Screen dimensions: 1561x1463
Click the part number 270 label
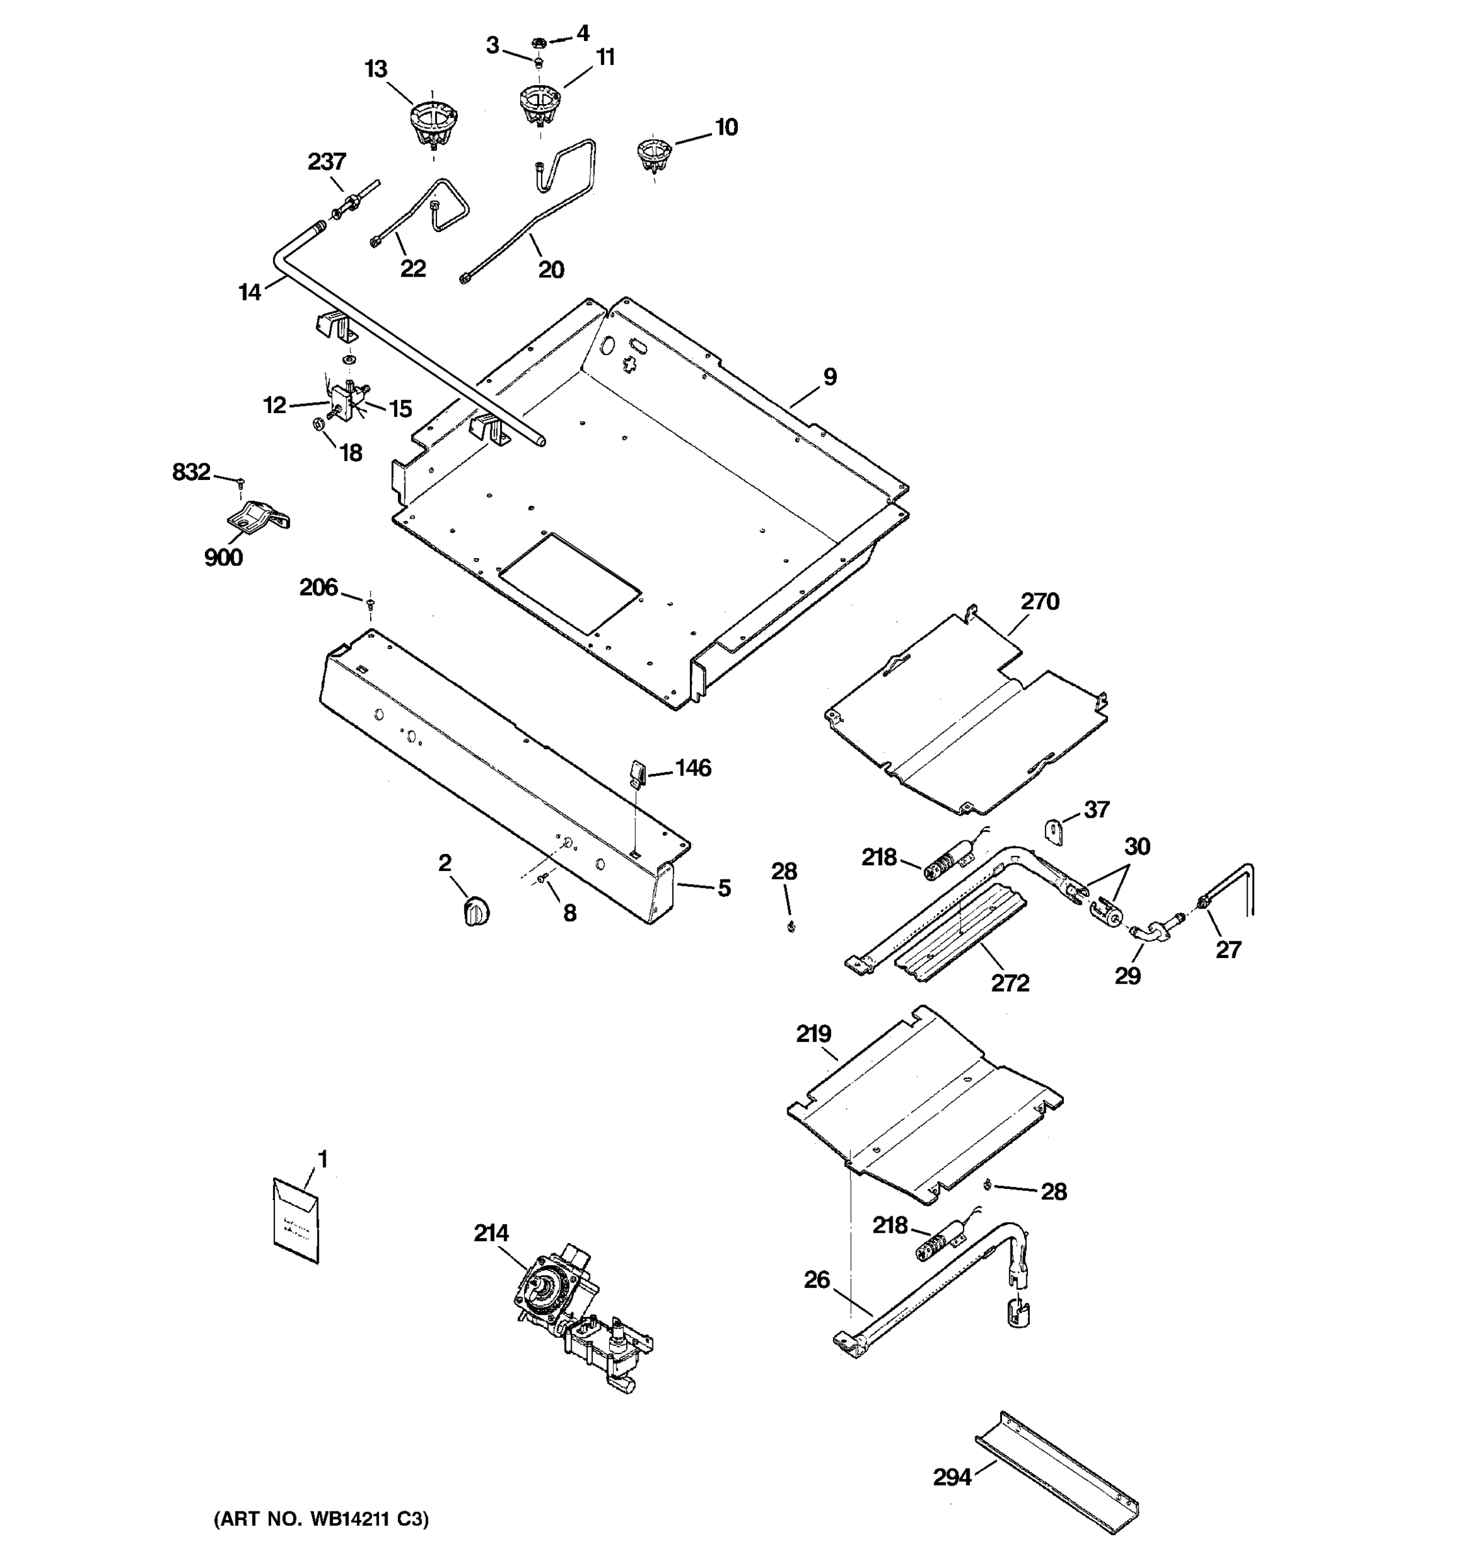click(x=1039, y=602)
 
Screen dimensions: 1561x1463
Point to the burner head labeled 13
click(x=432, y=126)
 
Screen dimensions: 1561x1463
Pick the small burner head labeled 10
click(x=653, y=155)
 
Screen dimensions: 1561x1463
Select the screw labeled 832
click(x=242, y=481)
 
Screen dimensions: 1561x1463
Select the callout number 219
click(x=813, y=1034)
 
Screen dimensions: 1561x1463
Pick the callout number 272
click(x=1009, y=982)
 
